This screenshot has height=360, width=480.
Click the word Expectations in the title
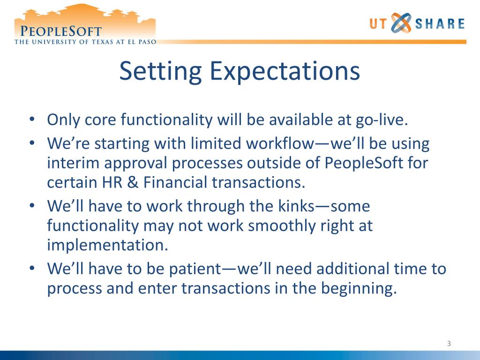285,71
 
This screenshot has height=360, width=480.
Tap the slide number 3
449,344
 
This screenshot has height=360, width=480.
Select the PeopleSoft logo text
60,31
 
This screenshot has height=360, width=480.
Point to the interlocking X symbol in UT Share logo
401,23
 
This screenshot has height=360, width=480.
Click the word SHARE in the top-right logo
440,23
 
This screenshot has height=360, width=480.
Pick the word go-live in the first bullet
382,120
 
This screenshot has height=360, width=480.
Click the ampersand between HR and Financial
133,182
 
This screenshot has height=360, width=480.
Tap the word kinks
296,206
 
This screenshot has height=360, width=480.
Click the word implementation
107,245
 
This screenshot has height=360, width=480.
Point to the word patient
195,269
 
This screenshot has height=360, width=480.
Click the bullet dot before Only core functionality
32,119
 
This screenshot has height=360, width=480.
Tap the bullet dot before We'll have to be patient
32,268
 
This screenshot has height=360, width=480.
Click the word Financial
175,182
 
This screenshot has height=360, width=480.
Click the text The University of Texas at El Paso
85,42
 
